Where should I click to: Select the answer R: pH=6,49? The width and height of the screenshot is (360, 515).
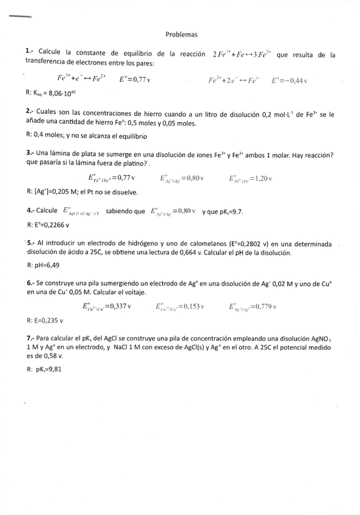pyautogui.click(x=44, y=265)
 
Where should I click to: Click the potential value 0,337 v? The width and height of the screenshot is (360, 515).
pyautogui.click(x=119, y=306)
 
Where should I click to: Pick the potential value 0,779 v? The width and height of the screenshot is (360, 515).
pyautogui.click(x=264, y=306)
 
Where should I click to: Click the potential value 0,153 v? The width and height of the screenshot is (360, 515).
pyautogui.click(x=192, y=306)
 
